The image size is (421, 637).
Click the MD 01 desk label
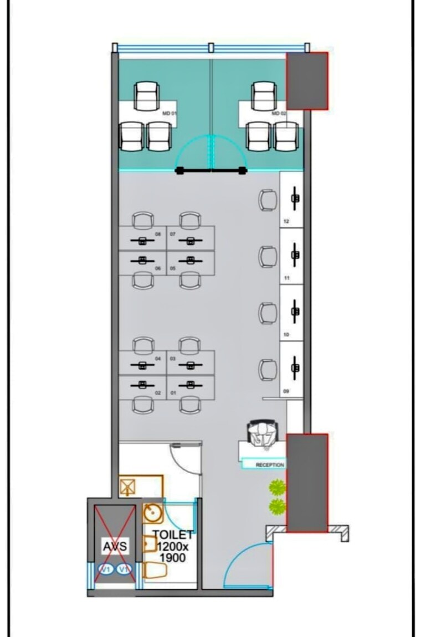[x=169, y=113]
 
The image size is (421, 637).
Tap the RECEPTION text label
[x=270, y=465]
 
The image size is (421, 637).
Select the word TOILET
[x=173, y=535]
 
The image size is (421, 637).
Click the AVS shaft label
[x=115, y=547]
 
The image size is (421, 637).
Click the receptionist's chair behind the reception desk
[x=262, y=432]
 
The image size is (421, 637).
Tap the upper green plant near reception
[x=276, y=488]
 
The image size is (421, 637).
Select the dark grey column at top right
[x=307, y=81]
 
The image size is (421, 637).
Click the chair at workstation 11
[x=268, y=257]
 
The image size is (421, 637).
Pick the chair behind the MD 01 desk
[x=147, y=95]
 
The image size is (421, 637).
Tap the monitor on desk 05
[x=191, y=259]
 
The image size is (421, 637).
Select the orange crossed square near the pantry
[x=128, y=488]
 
